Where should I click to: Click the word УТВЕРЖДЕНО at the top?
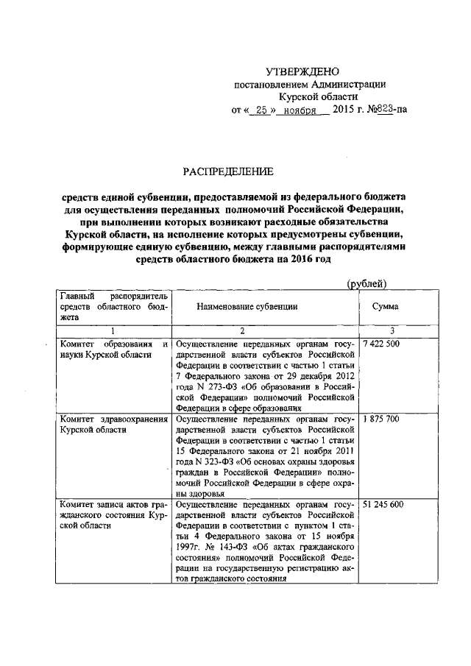(303, 71)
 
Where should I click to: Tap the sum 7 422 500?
(381, 345)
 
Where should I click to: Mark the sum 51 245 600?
(383, 506)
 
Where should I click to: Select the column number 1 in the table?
(113, 331)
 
